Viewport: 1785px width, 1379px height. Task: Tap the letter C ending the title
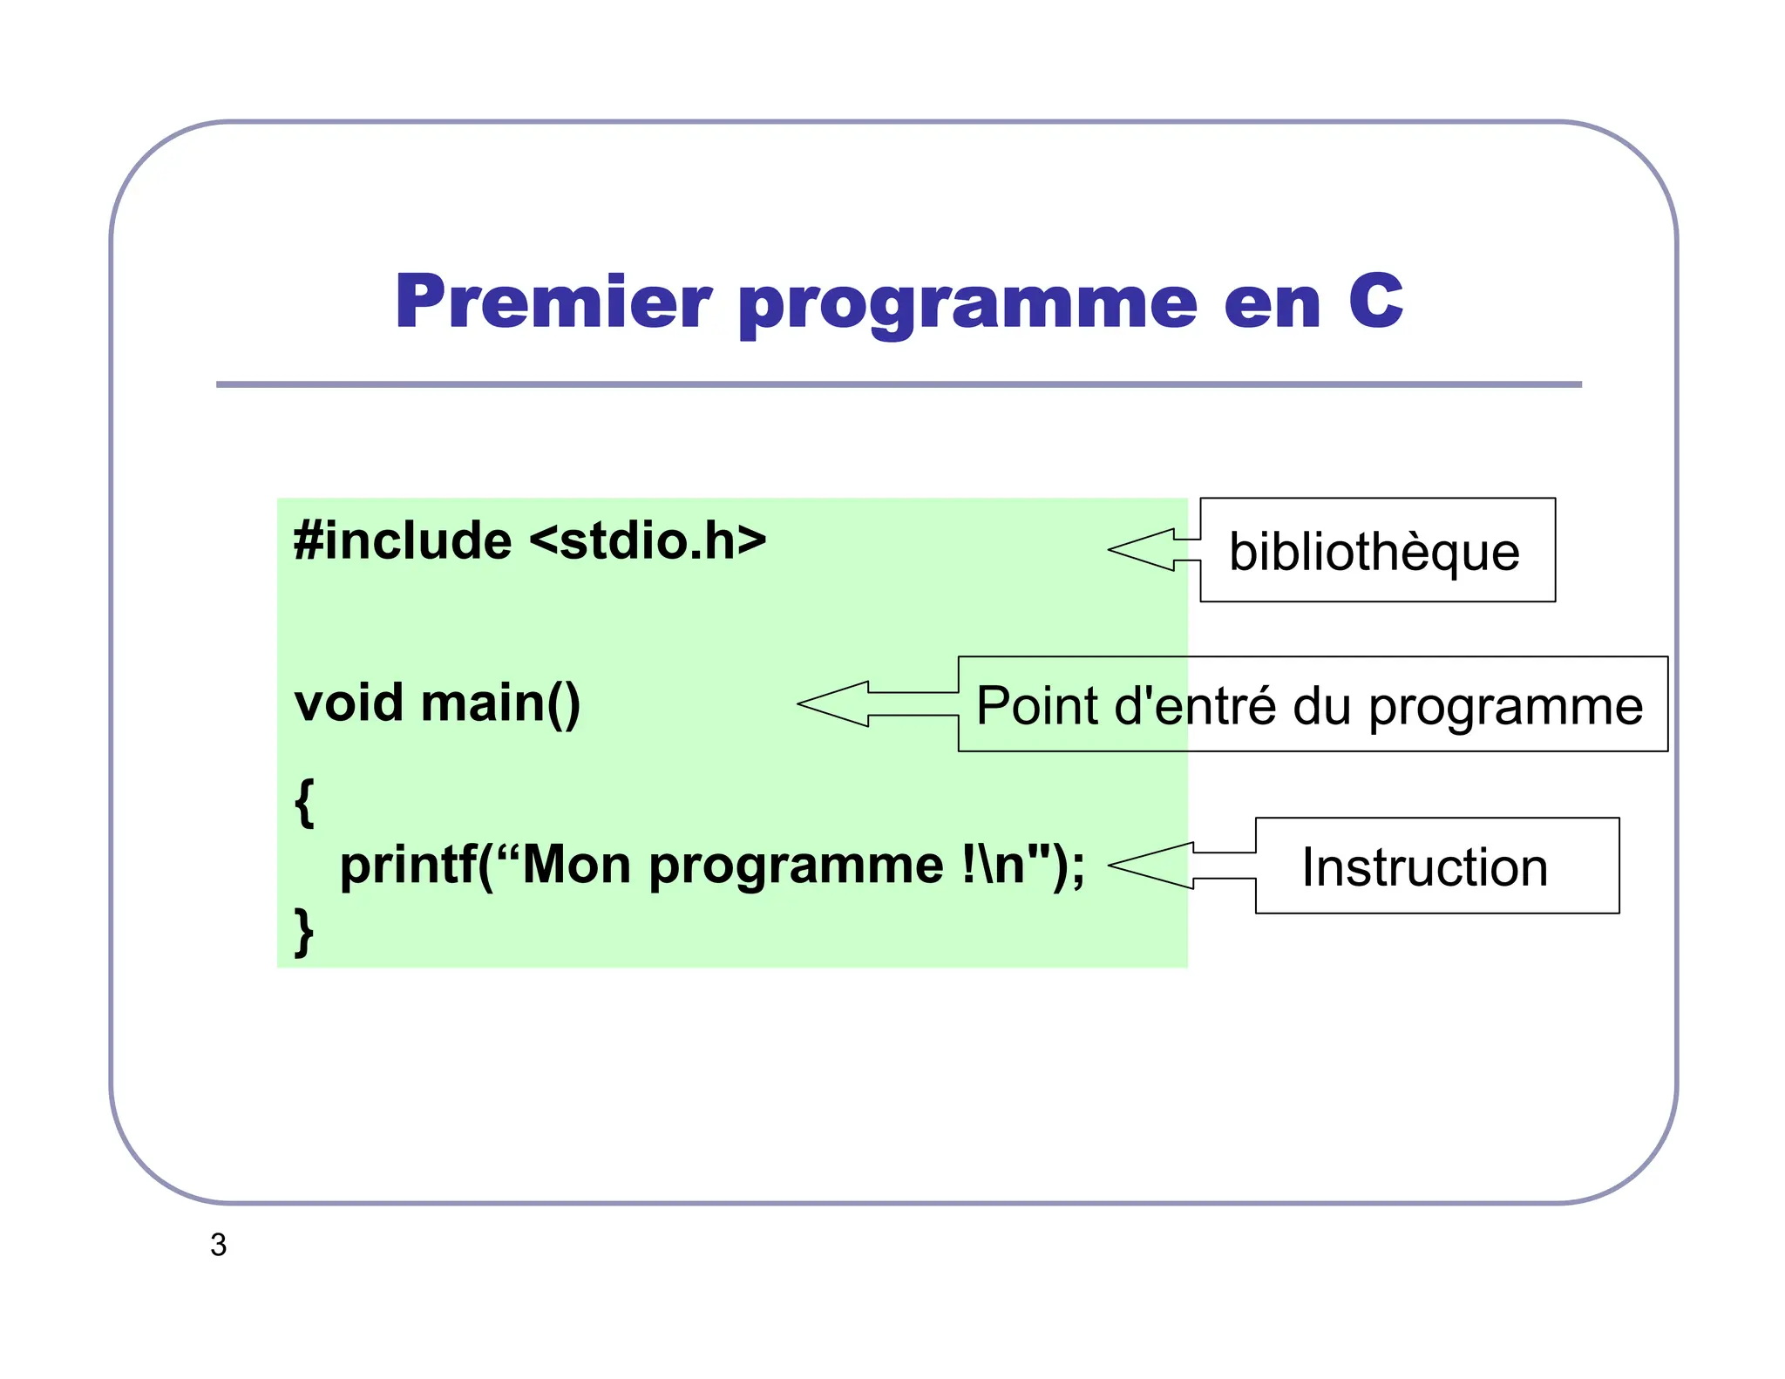pos(1374,302)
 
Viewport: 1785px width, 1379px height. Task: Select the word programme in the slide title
pos(967,305)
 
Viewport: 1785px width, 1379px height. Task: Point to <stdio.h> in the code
pos(648,540)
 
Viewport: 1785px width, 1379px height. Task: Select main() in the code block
pos(500,704)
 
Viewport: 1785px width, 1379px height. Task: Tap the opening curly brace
pos(303,802)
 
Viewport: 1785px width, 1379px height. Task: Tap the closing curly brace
pos(303,932)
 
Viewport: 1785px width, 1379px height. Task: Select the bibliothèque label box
pos(1377,551)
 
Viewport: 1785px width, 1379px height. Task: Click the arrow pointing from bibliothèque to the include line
pos(1152,550)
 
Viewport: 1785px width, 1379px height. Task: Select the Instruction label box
pos(1436,866)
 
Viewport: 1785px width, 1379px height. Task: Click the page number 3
pos(219,1245)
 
